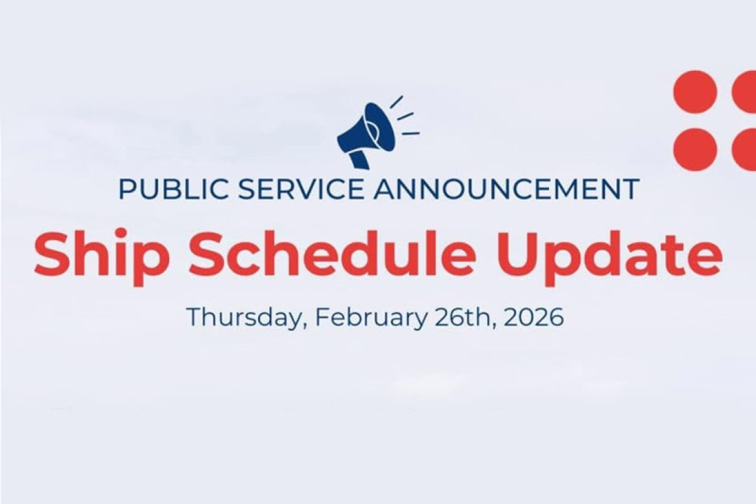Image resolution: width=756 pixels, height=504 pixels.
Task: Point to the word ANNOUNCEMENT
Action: pos(506,189)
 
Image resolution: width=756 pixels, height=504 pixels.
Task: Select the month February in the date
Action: pos(371,317)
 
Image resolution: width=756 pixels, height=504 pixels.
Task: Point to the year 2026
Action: pos(534,317)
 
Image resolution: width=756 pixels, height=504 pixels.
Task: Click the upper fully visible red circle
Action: pos(695,92)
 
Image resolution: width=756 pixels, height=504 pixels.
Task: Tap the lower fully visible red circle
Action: pos(695,149)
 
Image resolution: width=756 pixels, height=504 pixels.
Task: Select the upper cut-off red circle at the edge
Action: pos(745,92)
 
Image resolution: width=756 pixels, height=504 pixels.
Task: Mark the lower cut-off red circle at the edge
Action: pos(745,149)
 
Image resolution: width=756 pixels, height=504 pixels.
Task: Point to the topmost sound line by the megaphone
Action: pos(397,101)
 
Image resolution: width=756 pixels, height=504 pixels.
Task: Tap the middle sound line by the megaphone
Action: pos(405,116)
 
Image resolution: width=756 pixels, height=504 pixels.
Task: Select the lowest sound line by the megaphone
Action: pos(410,133)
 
